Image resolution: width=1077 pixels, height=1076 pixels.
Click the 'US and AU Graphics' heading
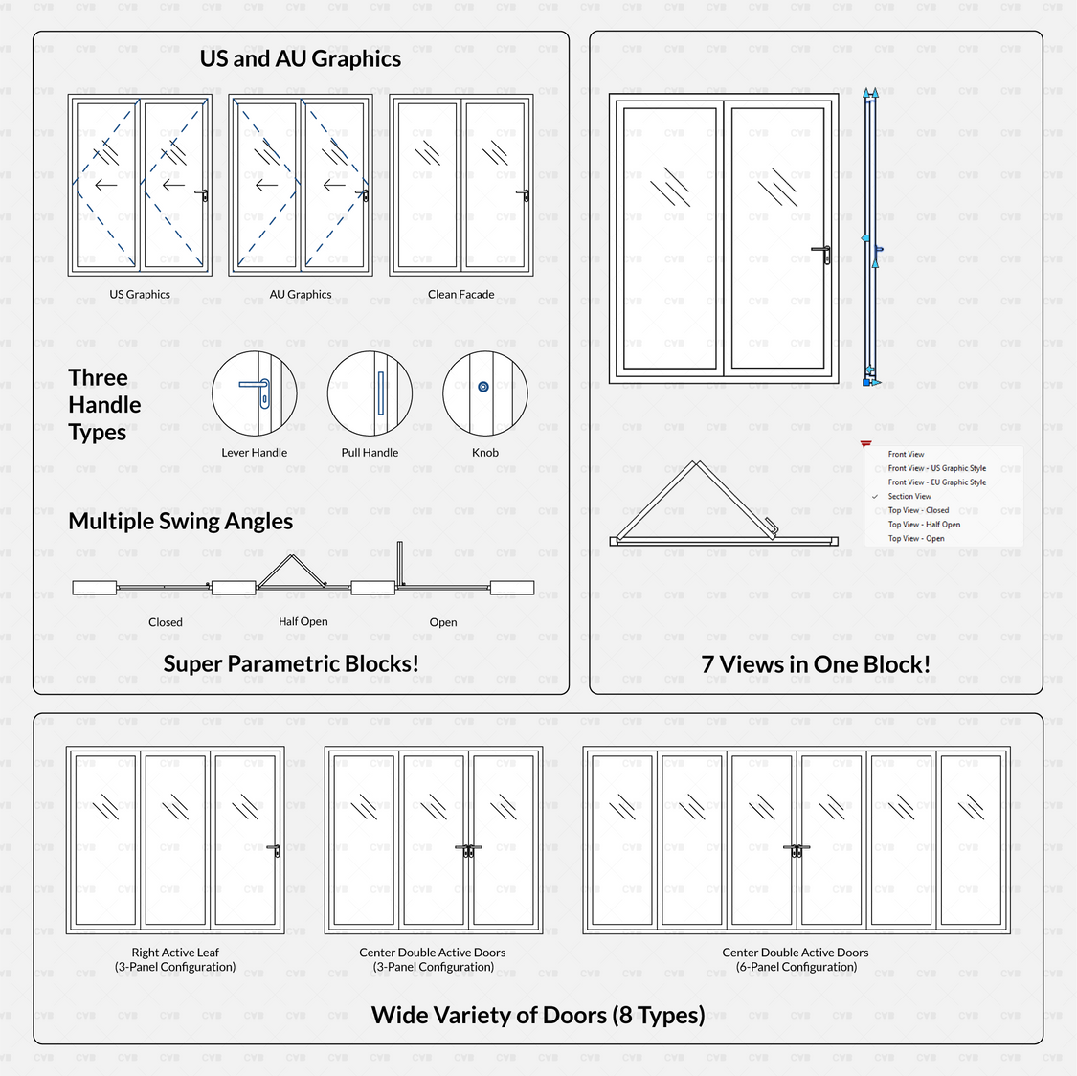click(300, 58)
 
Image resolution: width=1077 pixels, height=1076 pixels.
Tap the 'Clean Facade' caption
click(460, 295)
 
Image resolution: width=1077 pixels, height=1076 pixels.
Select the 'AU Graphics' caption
click(301, 295)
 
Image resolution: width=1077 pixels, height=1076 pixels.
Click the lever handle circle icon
click(255, 393)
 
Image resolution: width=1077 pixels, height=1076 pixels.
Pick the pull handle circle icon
click(370, 393)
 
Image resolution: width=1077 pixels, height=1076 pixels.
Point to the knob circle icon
click(484, 393)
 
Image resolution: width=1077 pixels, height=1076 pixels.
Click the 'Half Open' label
click(303, 622)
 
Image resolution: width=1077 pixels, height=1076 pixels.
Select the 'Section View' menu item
click(909, 497)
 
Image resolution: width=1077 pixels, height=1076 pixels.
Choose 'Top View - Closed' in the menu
click(918, 510)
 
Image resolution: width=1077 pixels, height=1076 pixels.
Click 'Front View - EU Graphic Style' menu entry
click(936, 482)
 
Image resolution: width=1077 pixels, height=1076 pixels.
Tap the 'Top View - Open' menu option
click(916, 538)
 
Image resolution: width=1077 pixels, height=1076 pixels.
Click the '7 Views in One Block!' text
click(816, 664)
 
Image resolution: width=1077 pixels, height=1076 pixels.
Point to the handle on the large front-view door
click(821, 252)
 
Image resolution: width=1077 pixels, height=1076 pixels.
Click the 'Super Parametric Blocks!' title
click(291, 663)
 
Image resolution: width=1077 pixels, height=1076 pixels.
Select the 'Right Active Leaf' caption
click(175, 953)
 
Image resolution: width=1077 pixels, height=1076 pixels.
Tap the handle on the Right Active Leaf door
click(274, 849)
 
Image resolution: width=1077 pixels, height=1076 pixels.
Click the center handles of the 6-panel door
click(797, 849)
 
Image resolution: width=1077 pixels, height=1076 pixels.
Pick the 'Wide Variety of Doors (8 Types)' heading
click(538, 1015)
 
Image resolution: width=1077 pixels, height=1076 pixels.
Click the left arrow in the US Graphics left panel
click(105, 185)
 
